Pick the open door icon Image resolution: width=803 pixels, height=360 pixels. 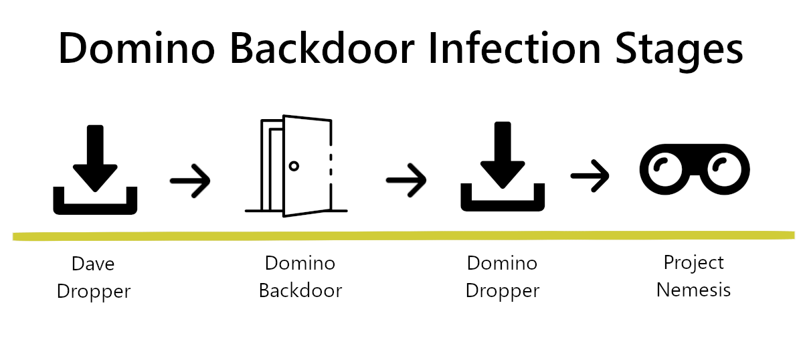[x=296, y=167]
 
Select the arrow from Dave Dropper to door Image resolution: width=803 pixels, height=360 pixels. [x=190, y=180]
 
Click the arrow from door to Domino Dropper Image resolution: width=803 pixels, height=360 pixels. [x=406, y=180]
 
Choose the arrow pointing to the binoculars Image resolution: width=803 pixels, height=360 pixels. [x=590, y=176]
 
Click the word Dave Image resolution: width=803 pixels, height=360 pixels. [x=93, y=264]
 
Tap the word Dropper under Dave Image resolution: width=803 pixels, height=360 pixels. [x=93, y=292]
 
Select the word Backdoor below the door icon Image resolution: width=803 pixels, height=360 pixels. [x=300, y=291]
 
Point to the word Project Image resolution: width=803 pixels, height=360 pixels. [x=693, y=263]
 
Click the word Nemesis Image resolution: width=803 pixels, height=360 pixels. [x=693, y=290]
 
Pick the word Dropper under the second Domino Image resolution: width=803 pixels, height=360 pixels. [x=502, y=291]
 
